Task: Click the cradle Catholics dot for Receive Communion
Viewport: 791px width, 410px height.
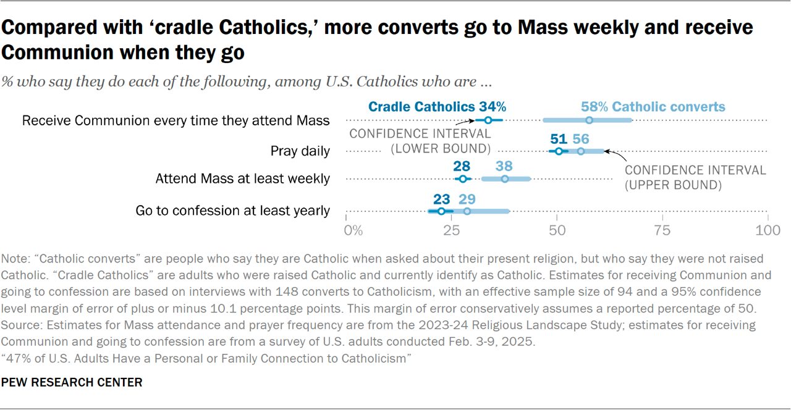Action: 488,120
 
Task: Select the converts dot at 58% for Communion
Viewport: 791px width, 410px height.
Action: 589,120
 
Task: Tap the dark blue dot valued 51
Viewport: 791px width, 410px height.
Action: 559,151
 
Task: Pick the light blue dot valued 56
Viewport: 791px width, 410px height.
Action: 580,151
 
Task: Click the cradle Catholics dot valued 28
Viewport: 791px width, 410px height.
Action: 462,179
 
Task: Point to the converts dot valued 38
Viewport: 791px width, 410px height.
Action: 505,179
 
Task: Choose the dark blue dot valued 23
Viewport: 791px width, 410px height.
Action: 441,211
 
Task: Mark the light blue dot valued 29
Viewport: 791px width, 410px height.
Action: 467,211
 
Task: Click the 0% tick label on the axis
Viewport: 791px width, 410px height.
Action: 353,231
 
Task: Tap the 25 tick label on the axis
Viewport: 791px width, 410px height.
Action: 451,231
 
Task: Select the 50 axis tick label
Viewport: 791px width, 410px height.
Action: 557,231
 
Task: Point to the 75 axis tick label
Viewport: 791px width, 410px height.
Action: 662,231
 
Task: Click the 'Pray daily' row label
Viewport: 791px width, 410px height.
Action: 300,151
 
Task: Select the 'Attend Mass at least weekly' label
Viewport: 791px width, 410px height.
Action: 242,179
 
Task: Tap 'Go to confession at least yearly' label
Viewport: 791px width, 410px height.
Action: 232,211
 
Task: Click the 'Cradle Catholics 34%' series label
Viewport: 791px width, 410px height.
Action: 437,106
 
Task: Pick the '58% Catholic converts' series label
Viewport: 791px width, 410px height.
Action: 653,106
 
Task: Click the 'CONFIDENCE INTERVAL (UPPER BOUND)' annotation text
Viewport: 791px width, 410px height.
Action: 695,177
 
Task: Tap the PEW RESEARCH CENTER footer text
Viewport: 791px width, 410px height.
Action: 72,382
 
